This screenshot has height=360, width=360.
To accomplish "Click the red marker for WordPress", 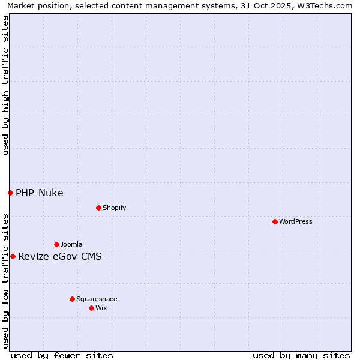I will click(x=275, y=221).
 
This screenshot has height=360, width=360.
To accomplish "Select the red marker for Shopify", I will click(x=98, y=208).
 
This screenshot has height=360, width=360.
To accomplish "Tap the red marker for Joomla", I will click(x=56, y=244).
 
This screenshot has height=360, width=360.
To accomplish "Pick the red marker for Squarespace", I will click(x=72, y=299).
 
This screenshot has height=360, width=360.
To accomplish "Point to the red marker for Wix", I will click(x=91, y=308).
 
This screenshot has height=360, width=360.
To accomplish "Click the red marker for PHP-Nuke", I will click(x=10, y=193).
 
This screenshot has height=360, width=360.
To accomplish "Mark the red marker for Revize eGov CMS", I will click(x=13, y=256).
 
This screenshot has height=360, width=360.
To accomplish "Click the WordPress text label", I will click(x=296, y=221).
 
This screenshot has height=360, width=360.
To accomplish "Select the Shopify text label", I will click(x=114, y=208).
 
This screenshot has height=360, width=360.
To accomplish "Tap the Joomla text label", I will click(x=71, y=244).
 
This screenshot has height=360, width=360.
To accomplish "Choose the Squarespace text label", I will click(x=97, y=299).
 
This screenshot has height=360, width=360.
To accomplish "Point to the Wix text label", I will click(x=101, y=308).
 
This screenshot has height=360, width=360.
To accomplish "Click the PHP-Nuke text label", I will click(x=40, y=193).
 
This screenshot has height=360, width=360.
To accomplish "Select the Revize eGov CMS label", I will click(x=60, y=256).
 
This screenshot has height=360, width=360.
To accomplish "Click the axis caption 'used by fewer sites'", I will click(x=62, y=355).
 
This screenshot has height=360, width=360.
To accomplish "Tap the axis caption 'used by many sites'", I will click(x=301, y=355).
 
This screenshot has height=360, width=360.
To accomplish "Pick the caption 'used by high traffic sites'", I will click(x=5, y=85).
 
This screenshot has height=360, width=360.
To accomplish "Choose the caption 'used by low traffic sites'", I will click(x=5, y=280).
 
